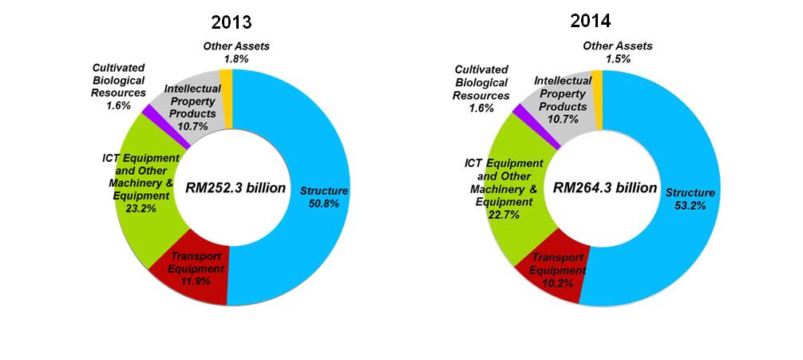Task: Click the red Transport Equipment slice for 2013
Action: (196, 273)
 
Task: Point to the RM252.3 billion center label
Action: (231, 188)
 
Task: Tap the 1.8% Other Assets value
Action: (236, 58)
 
